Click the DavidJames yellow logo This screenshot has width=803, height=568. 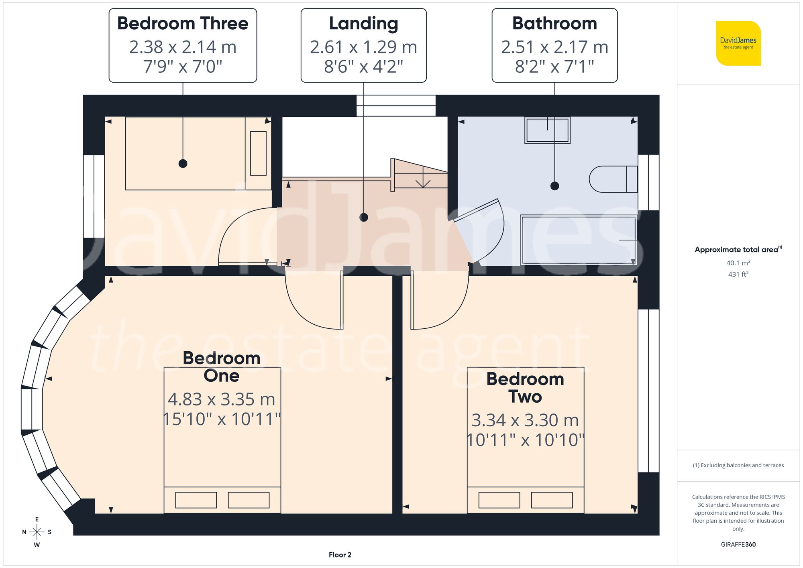[x=738, y=43]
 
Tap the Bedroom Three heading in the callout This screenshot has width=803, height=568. [x=183, y=23]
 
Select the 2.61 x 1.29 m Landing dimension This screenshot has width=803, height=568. [x=363, y=47]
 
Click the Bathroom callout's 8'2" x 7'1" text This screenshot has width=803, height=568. [x=554, y=66]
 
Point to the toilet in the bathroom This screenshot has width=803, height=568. [x=613, y=179]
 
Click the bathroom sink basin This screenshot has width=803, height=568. [x=547, y=130]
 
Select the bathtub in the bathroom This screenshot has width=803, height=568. [x=578, y=240]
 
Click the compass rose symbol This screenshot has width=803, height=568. [x=37, y=532]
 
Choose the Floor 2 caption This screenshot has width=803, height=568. [x=340, y=555]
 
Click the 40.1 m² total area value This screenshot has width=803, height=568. [x=738, y=263]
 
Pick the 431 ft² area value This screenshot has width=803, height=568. [x=738, y=274]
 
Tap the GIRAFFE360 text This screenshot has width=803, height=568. [x=738, y=544]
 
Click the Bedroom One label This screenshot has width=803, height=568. [x=222, y=366]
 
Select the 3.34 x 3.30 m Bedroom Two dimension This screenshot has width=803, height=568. [x=525, y=420]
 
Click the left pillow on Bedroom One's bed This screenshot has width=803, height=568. [x=196, y=500]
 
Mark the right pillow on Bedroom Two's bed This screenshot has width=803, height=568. [x=552, y=500]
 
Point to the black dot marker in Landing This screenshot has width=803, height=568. [x=364, y=217]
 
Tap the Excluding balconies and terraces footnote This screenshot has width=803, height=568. [x=738, y=465]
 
